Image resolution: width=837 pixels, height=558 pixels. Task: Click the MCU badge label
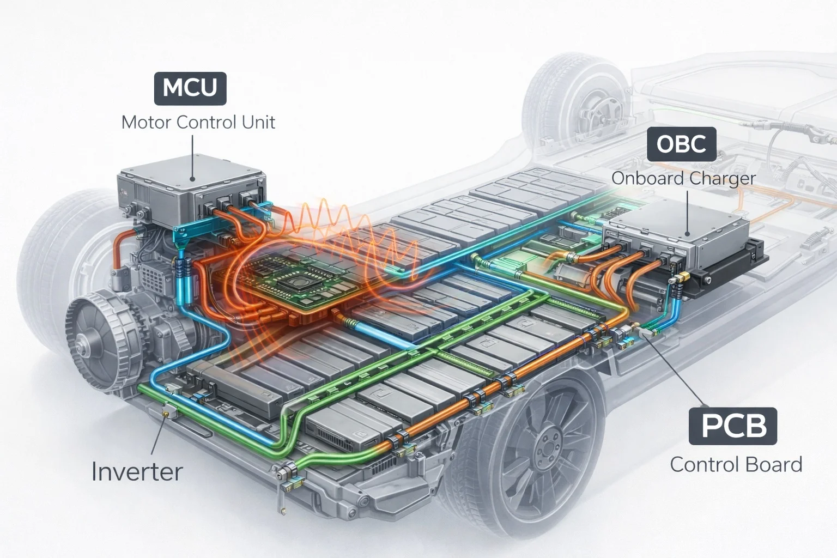click(190, 87)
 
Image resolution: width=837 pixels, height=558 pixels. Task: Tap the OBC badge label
click(681, 144)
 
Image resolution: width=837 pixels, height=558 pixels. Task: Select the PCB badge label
click(733, 426)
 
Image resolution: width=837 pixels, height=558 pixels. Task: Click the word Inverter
click(137, 471)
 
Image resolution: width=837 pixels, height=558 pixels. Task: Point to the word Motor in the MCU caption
click(143, 122)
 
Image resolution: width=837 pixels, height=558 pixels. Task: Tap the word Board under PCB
click(774, 465)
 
